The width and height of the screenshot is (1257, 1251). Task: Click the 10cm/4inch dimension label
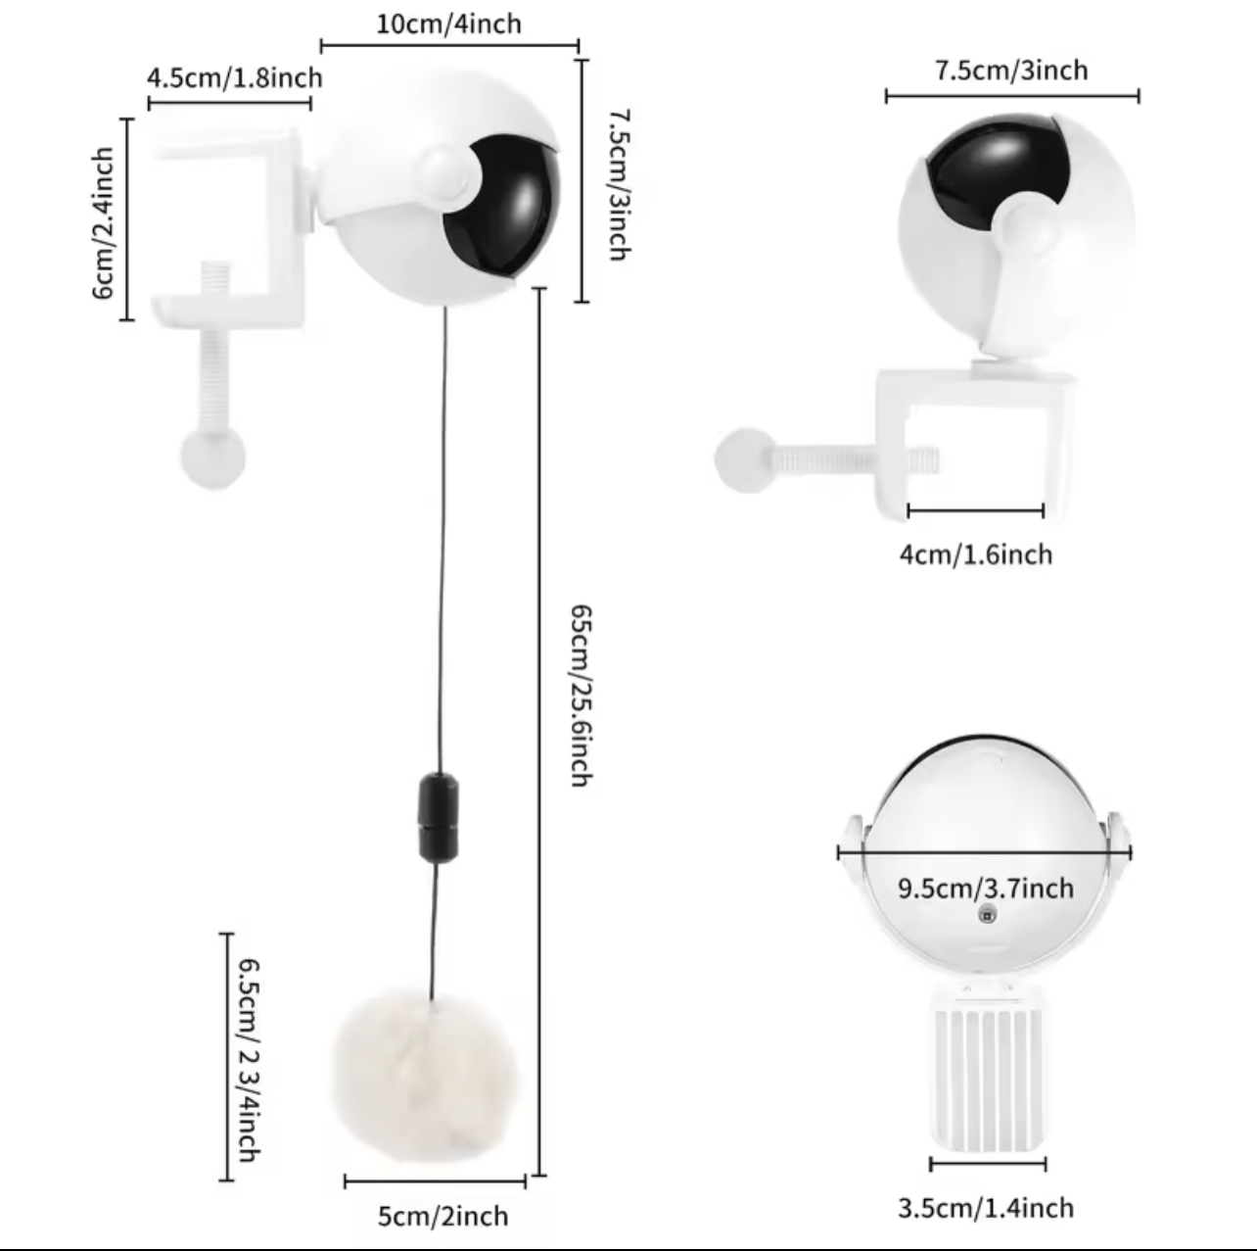coord(448,24)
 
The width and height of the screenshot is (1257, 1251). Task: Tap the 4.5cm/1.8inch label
coord(234,77)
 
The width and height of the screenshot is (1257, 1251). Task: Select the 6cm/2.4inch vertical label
coord(103,223)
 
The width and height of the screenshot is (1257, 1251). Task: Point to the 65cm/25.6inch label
coord(582,696)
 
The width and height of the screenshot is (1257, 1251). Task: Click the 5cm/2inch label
coord(442,1217)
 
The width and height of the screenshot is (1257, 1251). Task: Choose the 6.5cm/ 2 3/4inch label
coord(249,1060)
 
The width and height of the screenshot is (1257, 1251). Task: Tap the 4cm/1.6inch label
coord(976,555)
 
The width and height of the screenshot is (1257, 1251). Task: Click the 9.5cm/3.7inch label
coord(986,889)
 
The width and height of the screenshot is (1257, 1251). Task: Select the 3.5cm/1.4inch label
coord(986,1209)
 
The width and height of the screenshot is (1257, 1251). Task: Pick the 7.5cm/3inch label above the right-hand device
coord(1011,71)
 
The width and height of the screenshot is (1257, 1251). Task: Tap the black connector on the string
coord(439,817)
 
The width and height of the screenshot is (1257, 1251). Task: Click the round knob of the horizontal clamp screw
coord(746,460)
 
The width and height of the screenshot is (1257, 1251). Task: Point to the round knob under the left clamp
coord(212,457)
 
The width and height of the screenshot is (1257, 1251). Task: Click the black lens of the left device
coord(503,206)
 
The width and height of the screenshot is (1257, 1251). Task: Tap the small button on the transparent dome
coord(987,915)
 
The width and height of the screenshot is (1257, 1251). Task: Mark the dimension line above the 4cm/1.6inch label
coord(976,510)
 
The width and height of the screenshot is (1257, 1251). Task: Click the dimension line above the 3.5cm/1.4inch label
coord(988,1164)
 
